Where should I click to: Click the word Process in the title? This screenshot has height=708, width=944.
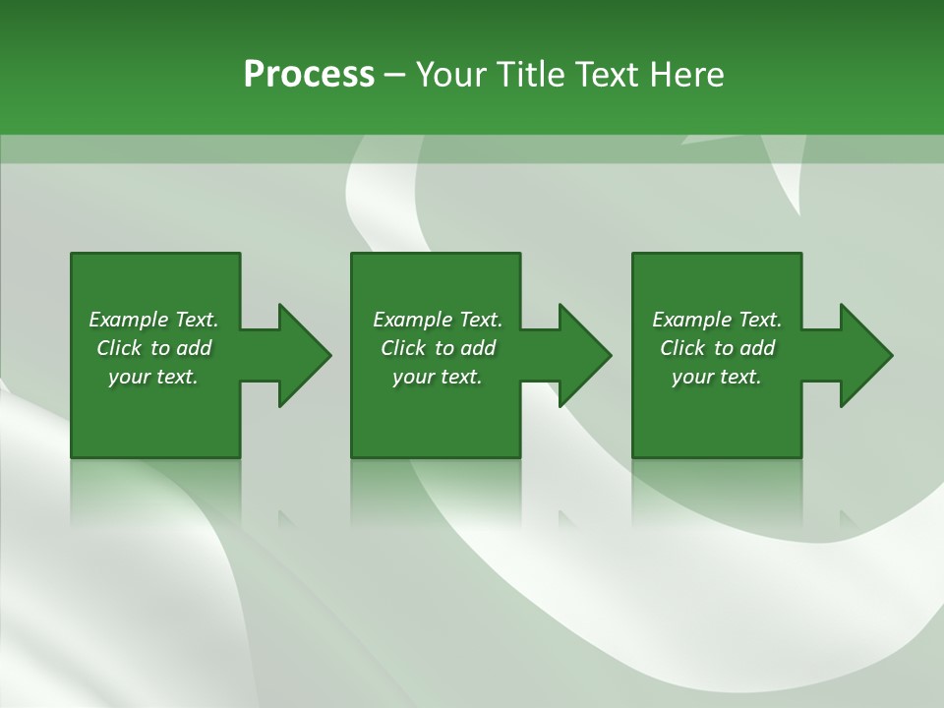(309, 75)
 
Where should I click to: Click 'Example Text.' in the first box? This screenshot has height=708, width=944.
(153, 320)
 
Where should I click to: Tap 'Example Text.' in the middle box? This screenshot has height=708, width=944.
(438, 320)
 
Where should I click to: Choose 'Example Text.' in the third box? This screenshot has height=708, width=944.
(717, 320)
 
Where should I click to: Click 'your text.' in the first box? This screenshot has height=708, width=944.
(153, 377)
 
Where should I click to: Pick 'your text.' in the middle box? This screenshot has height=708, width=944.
(438, 377)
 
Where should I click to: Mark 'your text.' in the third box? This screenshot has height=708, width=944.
(717, 377)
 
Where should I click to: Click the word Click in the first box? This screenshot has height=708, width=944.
(119, 348)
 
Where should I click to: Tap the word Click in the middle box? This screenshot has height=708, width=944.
(403, 348)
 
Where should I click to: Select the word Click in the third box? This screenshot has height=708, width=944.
(682, 348)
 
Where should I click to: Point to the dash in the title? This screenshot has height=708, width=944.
(394, 76)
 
